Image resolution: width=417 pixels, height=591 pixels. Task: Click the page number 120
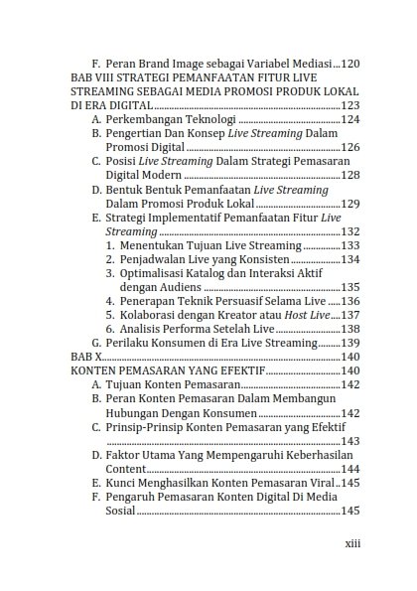point(350,63)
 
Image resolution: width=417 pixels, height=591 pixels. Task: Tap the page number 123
point(350,104)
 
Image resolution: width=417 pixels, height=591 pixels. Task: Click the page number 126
point(350,146)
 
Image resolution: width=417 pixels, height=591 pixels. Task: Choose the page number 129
point(350,202)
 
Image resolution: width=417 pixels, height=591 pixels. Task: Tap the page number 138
point(350,328)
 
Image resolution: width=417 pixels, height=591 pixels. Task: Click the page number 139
point(350,342)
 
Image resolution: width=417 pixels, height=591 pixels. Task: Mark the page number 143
point(350,439)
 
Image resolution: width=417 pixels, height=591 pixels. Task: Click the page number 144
point(350,468)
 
